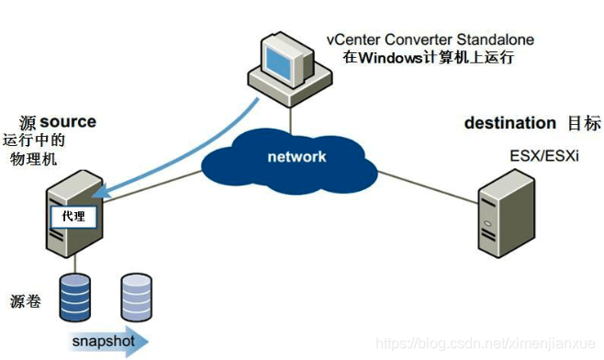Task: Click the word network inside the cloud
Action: [296, 156]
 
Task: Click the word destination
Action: [509, 123]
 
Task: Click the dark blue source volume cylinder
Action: [77, 295]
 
